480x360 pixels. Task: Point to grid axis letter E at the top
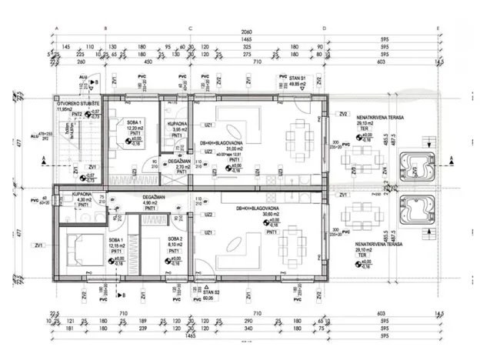438,28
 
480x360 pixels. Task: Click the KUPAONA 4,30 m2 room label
83,198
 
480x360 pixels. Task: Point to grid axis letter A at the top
57,28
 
